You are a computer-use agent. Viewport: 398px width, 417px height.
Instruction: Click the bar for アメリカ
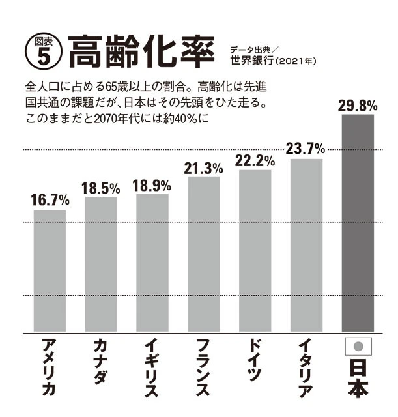[x=50, y=270]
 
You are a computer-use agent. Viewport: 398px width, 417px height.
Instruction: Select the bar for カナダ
[x=101, y=264]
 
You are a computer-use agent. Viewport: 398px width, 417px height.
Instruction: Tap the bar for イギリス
[x=152, y=263]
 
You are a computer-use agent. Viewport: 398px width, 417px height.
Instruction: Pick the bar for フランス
[x=204, y=254]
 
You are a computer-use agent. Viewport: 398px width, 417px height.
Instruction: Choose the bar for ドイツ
[x=255, y=251]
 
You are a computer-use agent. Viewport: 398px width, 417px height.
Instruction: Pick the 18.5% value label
[x=101, y=188]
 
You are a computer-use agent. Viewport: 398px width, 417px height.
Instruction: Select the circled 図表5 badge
[x=39, y=49]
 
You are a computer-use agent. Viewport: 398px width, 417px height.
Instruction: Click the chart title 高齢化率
[x=139, y=49]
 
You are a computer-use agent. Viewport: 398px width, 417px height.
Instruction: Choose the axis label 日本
[x=358, y=379]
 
